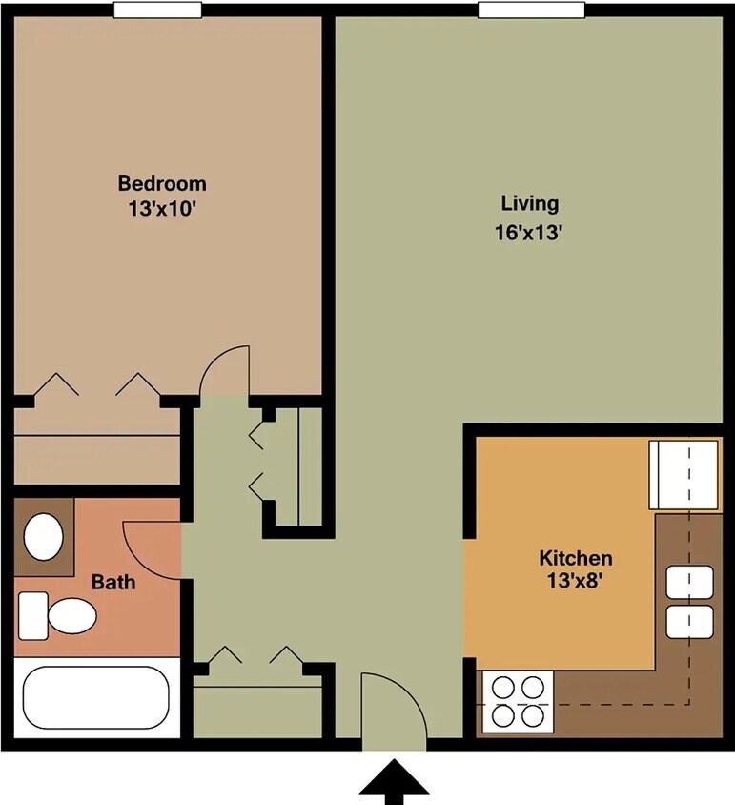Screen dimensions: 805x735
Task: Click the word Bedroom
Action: pos(161,183)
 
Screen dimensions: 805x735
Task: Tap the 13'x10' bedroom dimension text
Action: pos(161,208)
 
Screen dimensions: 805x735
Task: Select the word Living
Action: pos(529,203)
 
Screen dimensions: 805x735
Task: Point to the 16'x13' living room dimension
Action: pos(529,231)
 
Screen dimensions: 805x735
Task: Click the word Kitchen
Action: pos(576,558)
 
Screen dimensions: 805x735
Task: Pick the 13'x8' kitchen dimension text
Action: pos(576,580)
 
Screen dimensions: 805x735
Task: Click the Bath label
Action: pos(112,581)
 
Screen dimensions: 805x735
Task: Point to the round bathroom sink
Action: pos(43,537)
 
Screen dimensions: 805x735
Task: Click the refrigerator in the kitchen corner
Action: pos(684,475)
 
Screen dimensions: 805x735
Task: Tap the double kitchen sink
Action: pos(689,601)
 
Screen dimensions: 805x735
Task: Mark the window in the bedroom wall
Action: pos(157,10)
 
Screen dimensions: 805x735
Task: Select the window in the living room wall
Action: pos(531,10)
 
